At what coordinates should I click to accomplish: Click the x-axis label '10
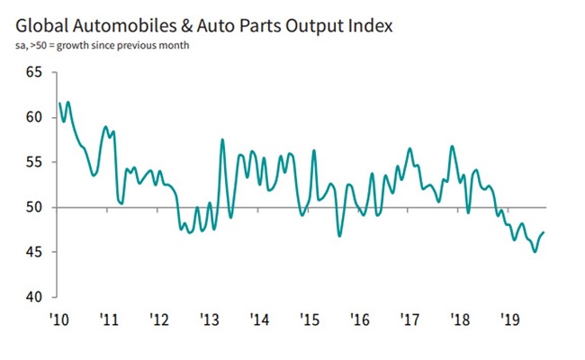[59, 320]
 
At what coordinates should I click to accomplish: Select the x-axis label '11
[110, 320]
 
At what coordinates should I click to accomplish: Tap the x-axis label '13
[210, 320]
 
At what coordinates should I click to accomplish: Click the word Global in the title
[39, 25]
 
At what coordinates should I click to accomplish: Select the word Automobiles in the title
[121, 25]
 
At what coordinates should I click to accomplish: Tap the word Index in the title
[369, 25]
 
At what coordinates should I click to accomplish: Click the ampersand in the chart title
[189, 25]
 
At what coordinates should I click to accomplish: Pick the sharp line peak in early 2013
[221, 139]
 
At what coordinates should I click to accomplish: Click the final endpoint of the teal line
[544, 232]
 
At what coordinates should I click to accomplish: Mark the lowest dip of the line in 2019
[535, 252]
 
